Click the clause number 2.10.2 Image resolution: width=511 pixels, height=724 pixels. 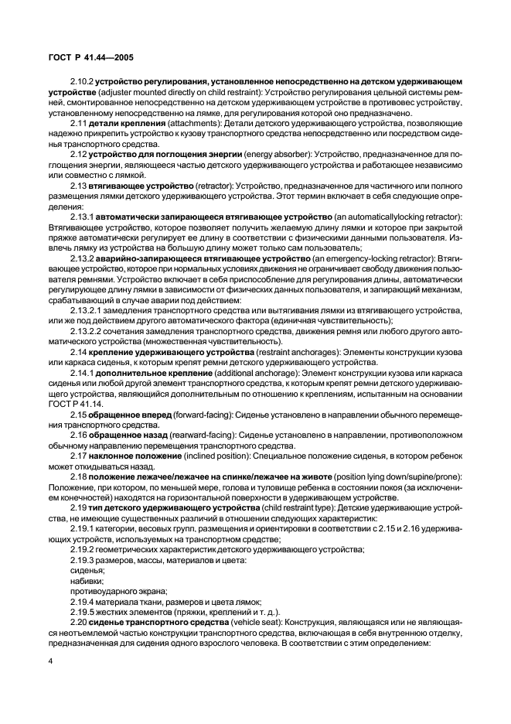pos(82,80)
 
